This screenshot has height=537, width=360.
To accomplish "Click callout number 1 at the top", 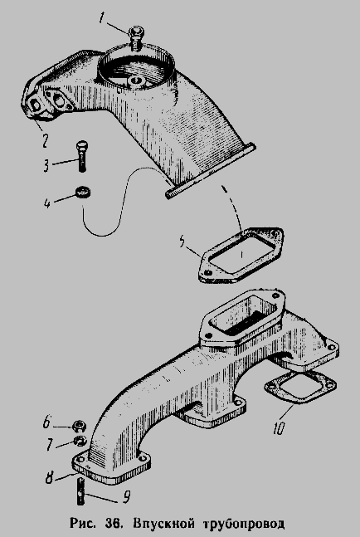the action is [102, 17].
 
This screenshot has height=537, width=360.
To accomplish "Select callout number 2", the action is [45, 140].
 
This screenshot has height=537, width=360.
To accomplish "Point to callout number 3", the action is [46, 165].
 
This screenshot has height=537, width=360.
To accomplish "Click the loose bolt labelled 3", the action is [81, 156].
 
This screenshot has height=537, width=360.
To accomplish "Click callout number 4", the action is [47, 203].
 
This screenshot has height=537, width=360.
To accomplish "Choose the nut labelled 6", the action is [79, 427].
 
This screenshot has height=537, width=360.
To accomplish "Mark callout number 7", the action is [50, 445].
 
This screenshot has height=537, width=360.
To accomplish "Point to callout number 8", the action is [49, 477].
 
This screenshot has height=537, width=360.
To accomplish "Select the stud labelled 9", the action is [81, 492].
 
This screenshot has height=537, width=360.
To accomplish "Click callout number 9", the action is [127, 497].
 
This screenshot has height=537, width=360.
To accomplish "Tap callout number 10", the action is [279, 428].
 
